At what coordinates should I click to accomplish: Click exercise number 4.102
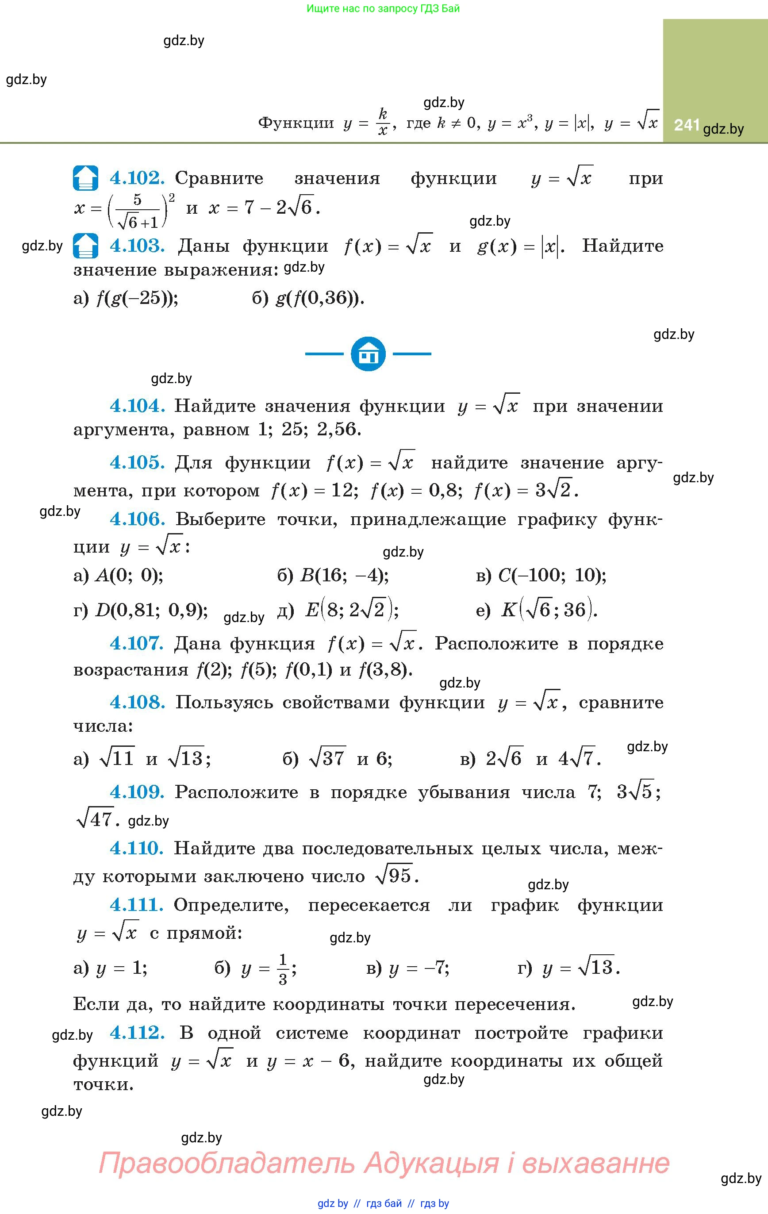(x=137, y=178)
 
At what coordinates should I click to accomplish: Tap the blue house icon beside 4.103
(x=86, y=246)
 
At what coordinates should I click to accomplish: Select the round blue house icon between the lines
(x=368, y=354)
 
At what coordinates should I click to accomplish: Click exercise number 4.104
(x=137, y=405)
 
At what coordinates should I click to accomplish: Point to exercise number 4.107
(x=137, y=643)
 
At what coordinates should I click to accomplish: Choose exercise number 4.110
(x=137, y=849)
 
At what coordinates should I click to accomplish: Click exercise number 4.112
(x=137, y=1033)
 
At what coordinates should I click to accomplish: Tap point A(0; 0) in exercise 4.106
(x=129, y=575)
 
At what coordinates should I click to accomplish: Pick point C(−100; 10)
(x=552, y=575)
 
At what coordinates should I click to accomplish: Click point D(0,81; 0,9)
(x=151, y=611)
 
